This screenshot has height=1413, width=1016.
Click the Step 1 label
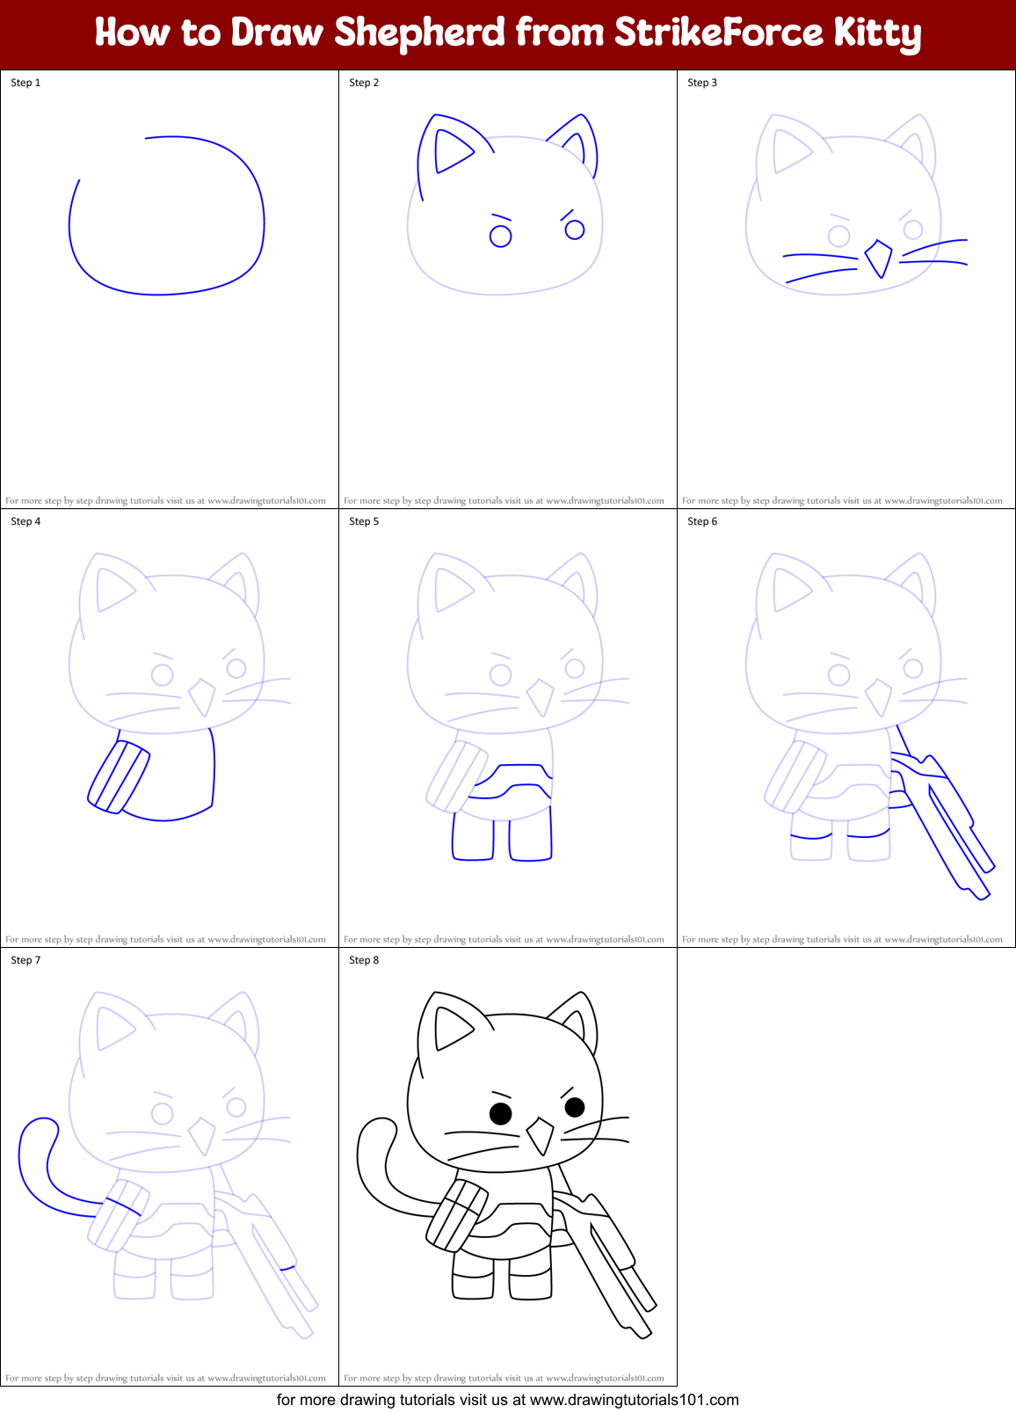click(x=25, y=83)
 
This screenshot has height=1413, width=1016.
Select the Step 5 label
click(x=364, y=521)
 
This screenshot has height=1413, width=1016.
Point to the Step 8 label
click(x=364, y=960)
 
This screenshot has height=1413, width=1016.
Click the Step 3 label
click(x=702, y=83)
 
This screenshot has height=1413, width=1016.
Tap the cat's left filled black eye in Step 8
click(x=500, y=1113)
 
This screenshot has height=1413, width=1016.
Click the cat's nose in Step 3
click(x=879, y=259)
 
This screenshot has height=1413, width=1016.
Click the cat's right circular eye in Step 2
click(x=575, y=229)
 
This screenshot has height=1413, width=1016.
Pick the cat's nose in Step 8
click(x=540, y=1136)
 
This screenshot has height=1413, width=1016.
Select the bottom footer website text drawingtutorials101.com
click(x=634, y=1400)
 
